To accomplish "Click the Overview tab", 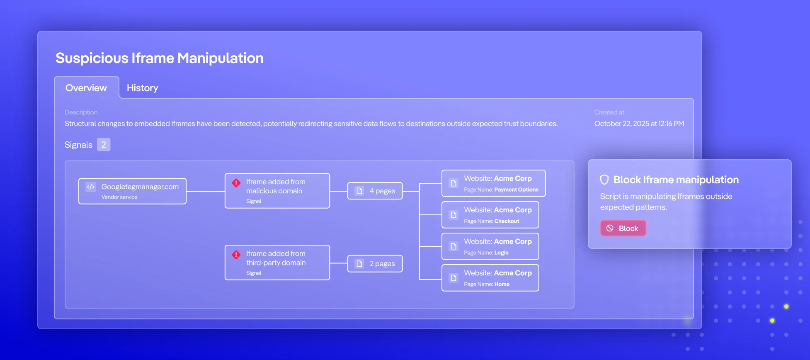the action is point(86,88).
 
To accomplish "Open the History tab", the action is point(142,88).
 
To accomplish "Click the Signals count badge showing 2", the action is point(104,145).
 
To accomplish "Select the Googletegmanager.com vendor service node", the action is point(132,191).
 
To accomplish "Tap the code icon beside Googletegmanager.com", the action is point(91,187).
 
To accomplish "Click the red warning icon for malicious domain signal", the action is point(236,183).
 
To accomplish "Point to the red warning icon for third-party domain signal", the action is point(236,255).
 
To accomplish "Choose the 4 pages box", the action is point(375,191).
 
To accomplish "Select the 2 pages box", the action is point(375,264).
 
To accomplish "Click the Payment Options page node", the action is point(493,183).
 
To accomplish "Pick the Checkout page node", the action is point(490,215).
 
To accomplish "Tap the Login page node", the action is point(490,246).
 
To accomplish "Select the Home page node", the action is point(490,278).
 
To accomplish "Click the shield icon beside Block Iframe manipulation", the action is point(604,180).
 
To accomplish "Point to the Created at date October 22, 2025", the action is point(639,124).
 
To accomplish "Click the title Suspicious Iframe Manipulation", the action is point(160,58).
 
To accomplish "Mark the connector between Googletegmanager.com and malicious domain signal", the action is point(206,191).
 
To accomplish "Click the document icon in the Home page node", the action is point(454,278).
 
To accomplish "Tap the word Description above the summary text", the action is point(81,112).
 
